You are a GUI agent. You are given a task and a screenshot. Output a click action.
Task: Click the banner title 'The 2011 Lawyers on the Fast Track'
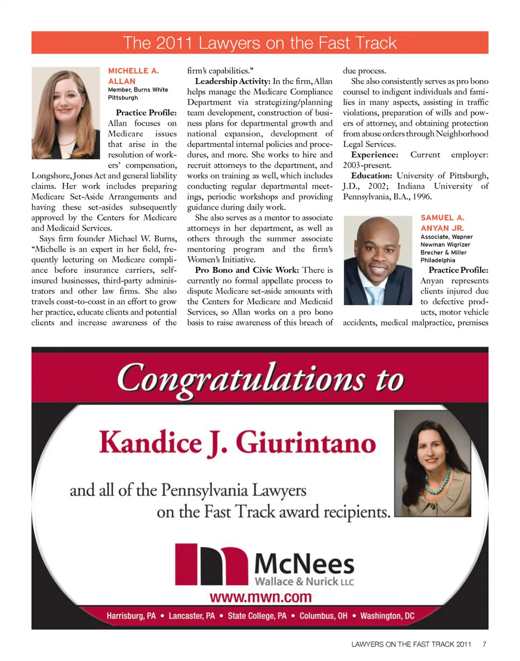pos(260,43)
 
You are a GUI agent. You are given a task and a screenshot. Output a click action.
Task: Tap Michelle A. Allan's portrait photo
pos(67,113)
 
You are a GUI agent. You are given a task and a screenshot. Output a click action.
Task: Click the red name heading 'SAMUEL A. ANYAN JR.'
pos(442,223)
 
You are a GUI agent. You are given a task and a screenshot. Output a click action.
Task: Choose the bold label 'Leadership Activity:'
pos(229,81)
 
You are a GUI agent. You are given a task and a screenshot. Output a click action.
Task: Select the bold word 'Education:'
pos(372,176)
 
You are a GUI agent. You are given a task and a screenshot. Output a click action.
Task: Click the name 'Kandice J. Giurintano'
pos(238,444)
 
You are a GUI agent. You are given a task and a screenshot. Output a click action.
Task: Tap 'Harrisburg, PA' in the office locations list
pos(132,617)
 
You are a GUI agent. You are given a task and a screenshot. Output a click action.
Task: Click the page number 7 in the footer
pos(485,645)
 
